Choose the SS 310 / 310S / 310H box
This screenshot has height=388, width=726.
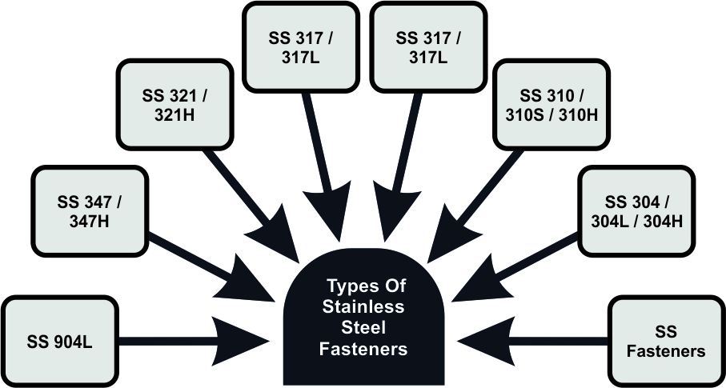coord(548,106)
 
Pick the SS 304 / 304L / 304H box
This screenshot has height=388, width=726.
coord(632,210)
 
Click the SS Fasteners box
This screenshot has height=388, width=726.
coord(665,341)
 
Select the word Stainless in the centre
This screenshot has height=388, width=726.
coord(363,307)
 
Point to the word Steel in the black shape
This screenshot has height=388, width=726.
coord(363,328)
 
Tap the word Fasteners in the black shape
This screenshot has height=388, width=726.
coord(363,349)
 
